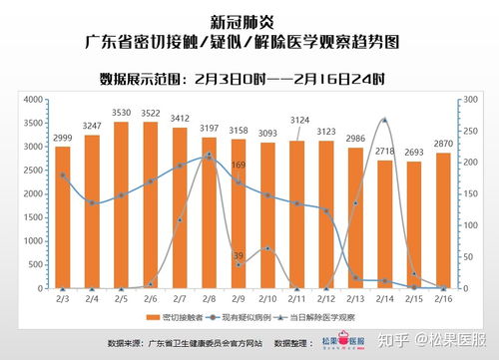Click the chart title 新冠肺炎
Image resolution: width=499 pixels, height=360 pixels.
[x=249, y=19]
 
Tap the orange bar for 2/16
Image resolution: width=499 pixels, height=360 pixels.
[x=442, y=224]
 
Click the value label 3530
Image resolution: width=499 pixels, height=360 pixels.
[x=121, y=114]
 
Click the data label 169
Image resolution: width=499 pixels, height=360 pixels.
[x=239, y=165]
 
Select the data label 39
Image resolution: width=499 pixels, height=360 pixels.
[x=238, y=256]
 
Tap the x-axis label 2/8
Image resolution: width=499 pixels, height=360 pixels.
[x=209, y=298]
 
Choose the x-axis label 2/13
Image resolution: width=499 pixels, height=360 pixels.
[x=354, y=298]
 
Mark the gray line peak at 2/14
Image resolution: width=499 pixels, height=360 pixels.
[x=384, y=120]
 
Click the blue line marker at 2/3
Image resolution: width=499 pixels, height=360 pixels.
[x=63, y=176]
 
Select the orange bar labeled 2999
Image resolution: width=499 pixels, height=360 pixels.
[x=63, y=219]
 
